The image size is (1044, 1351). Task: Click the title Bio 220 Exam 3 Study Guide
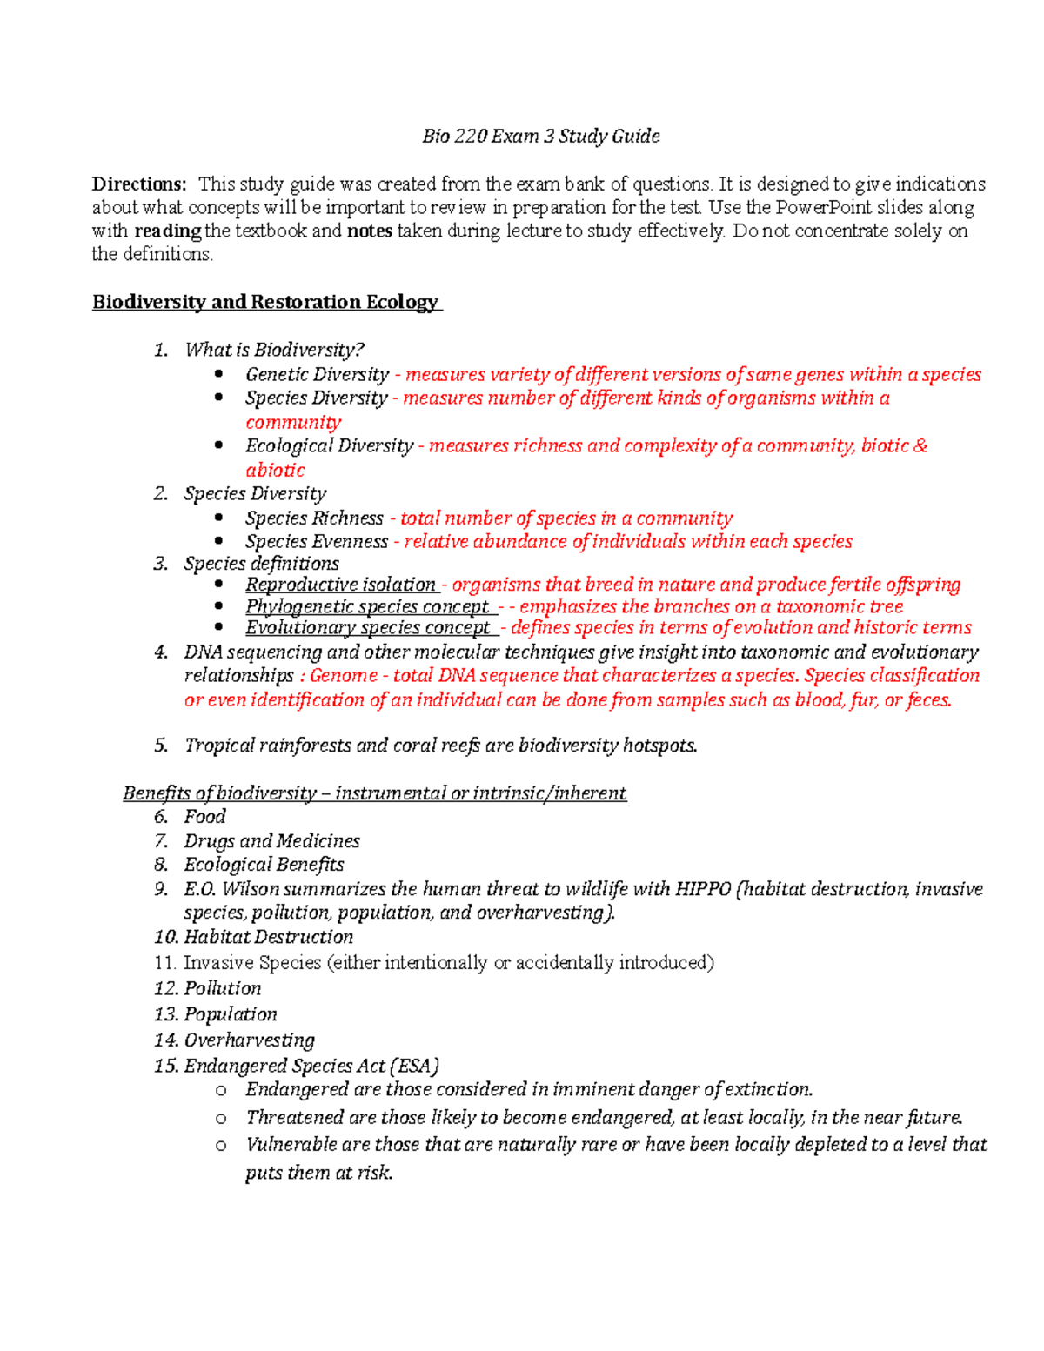(540, 136)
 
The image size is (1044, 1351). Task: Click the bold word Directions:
(139, 184)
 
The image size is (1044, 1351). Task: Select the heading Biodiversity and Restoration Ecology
(266, 302)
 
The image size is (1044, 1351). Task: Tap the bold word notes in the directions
(369, 231)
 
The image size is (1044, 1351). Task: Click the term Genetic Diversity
(317, 374)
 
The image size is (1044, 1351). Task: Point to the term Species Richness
(313, 518)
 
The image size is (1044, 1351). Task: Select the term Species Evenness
(316, 541)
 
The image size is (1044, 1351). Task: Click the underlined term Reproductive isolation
(340, 584)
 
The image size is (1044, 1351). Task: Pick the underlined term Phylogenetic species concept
(366, 606)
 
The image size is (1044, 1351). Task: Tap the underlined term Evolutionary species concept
(367, 627)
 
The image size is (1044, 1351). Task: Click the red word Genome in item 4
(343, 676)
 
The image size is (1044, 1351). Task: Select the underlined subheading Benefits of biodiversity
(219, 793)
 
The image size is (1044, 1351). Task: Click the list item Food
(204, 817)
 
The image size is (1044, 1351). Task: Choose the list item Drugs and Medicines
(271, 841)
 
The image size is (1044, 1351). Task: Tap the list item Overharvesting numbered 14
(249, 1040)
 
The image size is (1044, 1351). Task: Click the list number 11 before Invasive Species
(164, 963)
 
